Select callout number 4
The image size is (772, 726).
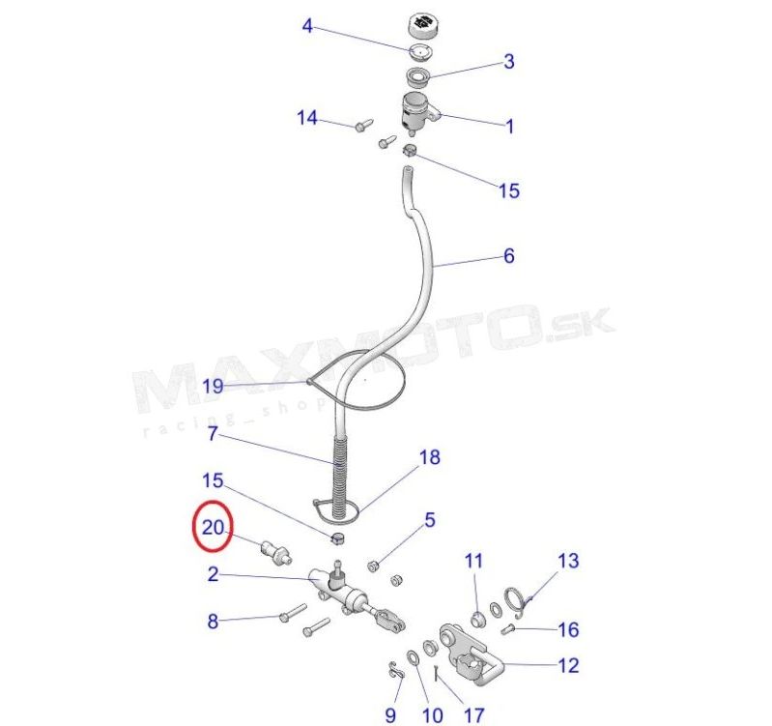click(307, 25)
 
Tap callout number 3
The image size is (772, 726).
click(508, 62)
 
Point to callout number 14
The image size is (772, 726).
click(307, 118)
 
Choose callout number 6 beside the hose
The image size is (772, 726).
click(509, 255)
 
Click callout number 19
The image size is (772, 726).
click(214, 386)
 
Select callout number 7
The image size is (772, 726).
click(213, 433)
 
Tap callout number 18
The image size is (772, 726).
click(429, 457)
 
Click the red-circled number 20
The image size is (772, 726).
click(214, 528)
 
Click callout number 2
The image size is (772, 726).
click(213, 574)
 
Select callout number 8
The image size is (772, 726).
click(213, 621)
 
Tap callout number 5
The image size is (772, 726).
click(430, 520)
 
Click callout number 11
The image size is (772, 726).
click(473, 561)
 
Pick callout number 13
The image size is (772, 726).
click(568, 561)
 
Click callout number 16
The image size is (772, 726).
click(568, 629)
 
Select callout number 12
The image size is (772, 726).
click(568, 665)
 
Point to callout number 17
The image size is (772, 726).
click(473, 715)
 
